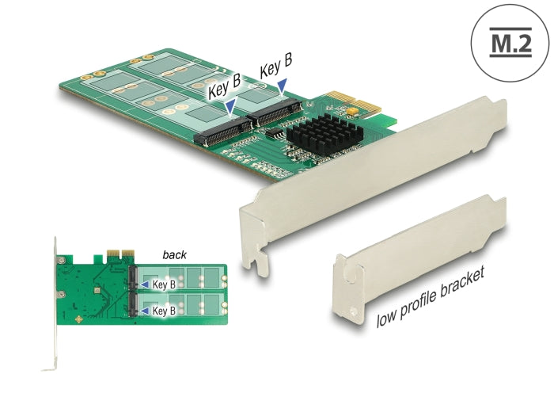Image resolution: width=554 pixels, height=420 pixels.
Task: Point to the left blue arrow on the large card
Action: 230,106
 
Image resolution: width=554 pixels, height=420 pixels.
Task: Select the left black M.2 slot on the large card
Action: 222,132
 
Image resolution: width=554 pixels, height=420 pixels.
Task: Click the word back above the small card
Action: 174,255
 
